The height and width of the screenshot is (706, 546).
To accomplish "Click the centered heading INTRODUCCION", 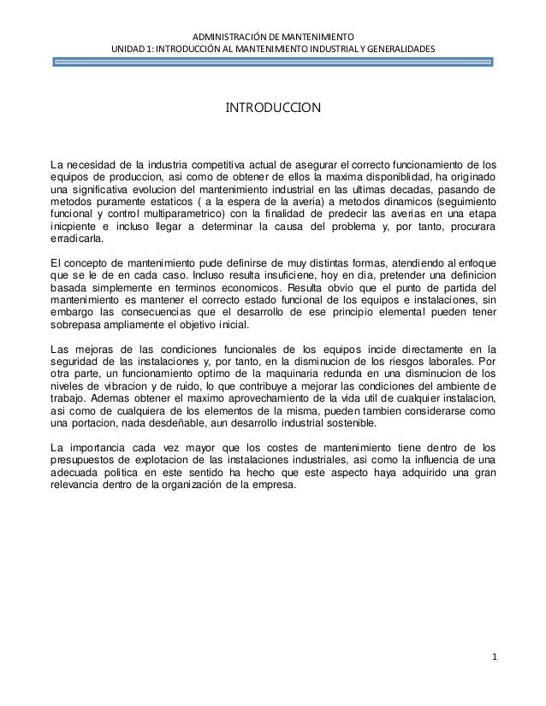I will click(272, 109).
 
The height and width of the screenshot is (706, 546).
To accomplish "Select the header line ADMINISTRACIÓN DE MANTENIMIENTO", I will click(272, 38).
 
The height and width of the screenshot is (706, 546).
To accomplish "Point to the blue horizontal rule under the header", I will click(272, 62).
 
